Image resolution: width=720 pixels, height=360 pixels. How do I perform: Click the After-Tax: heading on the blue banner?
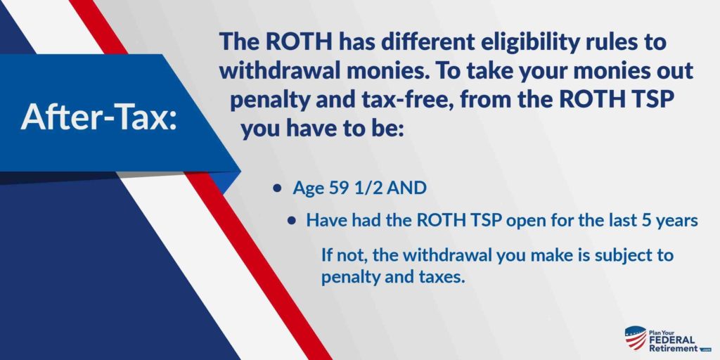99,117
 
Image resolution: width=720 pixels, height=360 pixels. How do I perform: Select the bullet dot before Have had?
292,220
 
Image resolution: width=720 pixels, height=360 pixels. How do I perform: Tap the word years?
676,220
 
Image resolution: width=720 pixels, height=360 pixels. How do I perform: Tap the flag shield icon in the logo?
635,338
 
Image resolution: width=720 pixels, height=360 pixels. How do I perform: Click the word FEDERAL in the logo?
673,339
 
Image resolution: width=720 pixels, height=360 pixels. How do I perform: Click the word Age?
307,190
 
